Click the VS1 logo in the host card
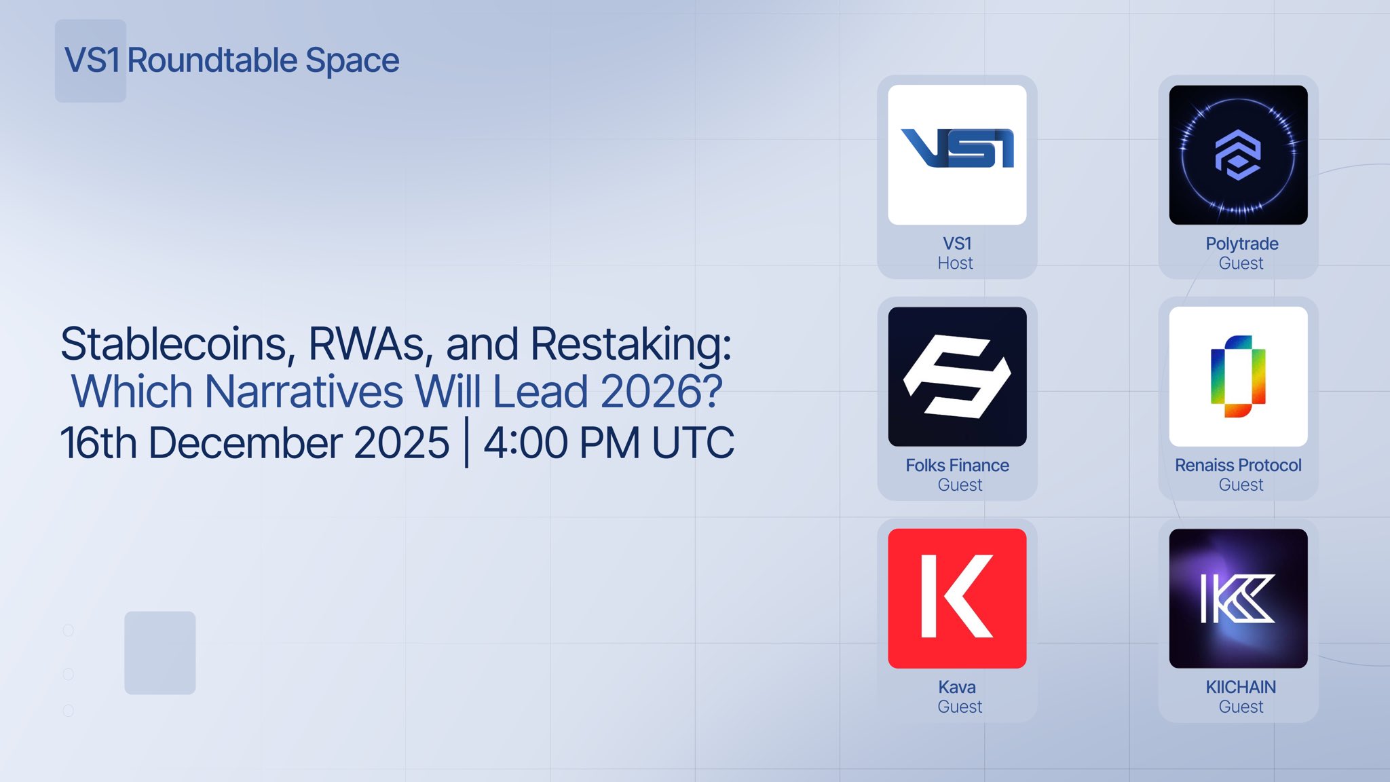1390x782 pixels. (x=957, y=155)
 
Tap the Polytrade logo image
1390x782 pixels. (x=1238, y=155)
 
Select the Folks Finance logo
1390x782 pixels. (x=957, y=376)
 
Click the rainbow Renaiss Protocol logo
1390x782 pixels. (x=1238, y=376)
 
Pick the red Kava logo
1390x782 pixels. (x=957, y=598)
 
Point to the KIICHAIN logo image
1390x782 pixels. (x=1238, y=598)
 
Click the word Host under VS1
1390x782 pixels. (x=955, y=263)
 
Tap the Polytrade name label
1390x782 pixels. (x=1241, y=244)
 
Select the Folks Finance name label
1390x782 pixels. (x=957, y=466)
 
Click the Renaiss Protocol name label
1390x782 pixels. (x=1238, y=466)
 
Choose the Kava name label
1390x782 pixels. (x=957, y=687)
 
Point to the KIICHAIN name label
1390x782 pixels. (x=1241, y=687)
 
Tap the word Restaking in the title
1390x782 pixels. (x=631, y=344)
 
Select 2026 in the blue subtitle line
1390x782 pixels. (x=661, y=392)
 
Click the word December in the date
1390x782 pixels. (x=299, y=443)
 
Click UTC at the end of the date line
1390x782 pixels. (x=693, y=443)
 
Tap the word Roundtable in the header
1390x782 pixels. (x=212, y=60)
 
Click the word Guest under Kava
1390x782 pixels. (x=960, y=707)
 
